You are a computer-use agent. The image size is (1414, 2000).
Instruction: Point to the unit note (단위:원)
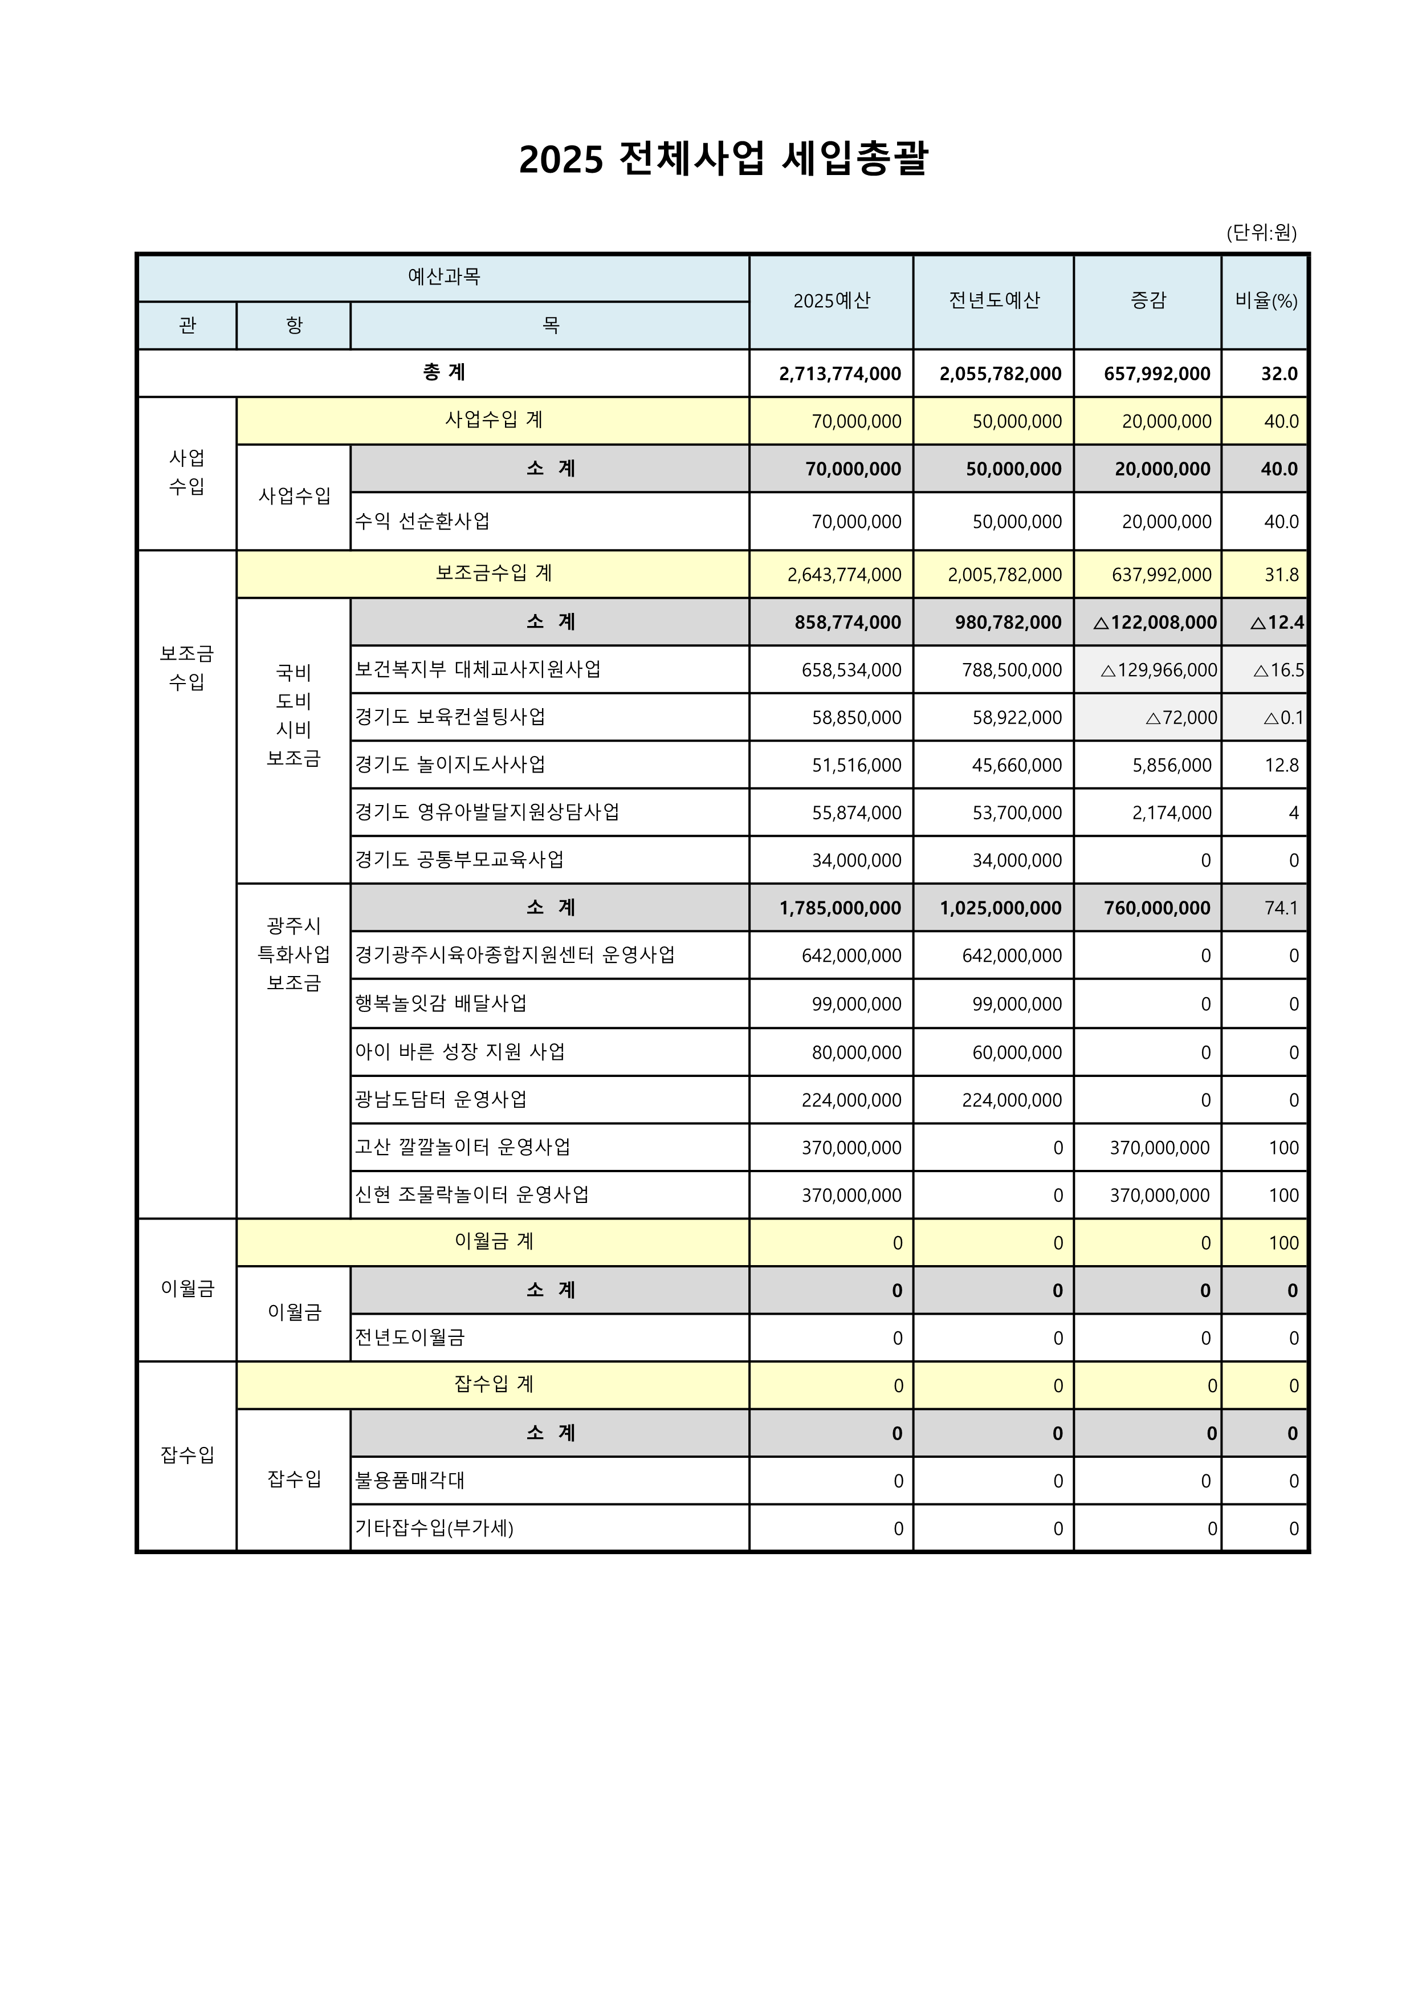1261,233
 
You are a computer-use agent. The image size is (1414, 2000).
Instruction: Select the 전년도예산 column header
993,300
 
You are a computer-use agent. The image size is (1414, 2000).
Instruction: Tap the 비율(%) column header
1266,300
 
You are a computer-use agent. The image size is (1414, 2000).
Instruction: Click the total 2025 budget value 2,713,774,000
840,373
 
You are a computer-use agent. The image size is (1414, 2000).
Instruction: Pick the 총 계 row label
444,373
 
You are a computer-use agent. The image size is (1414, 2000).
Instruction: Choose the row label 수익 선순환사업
422,521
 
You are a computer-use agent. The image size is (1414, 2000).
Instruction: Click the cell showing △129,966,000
1158,670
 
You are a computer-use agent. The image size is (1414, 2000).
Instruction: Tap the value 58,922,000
1016,718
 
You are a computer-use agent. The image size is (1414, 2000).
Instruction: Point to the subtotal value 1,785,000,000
840,908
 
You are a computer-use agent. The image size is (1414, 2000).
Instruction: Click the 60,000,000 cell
1016,1052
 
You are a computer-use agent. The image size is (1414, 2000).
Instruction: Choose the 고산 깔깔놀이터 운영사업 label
462,1147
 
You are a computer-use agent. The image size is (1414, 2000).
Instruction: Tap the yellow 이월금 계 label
494,1241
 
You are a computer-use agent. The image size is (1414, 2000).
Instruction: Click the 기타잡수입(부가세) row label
434,1528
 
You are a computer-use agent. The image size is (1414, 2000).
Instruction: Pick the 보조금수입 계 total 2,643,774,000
843,575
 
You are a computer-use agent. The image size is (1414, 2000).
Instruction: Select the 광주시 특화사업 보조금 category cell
294,955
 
